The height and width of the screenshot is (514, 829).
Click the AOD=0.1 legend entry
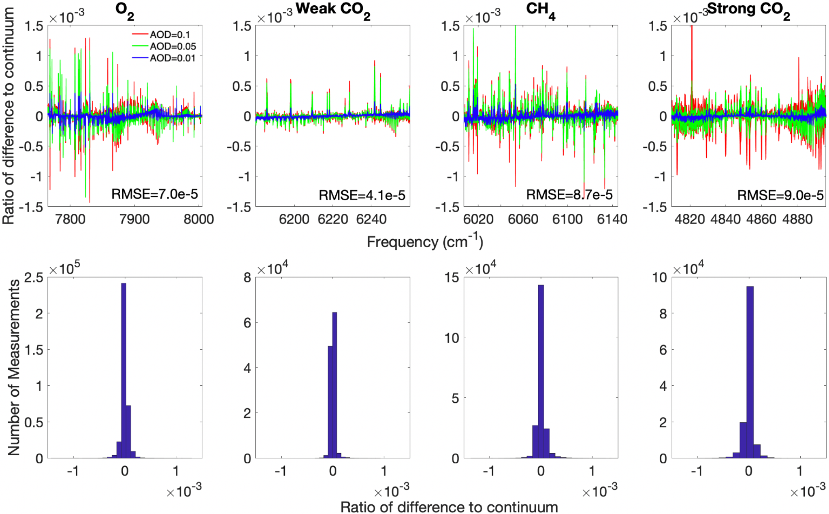(x=170, y=35)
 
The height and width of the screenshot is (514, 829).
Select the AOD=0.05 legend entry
(x=173, y=47)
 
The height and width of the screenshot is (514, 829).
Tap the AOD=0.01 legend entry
(x=173, y=58)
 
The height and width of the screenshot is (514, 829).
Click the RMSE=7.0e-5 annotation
(x=155, y=194)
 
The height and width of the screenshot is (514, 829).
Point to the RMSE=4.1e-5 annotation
(x=362, y=195)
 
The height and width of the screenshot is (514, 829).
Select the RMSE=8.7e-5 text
(x=569, y=195)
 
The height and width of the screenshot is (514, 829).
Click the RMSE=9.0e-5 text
(x=780, y=195)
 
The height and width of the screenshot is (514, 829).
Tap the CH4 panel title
(x=540, y=10)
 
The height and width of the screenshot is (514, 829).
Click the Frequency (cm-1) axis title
(x=425, y=242)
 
